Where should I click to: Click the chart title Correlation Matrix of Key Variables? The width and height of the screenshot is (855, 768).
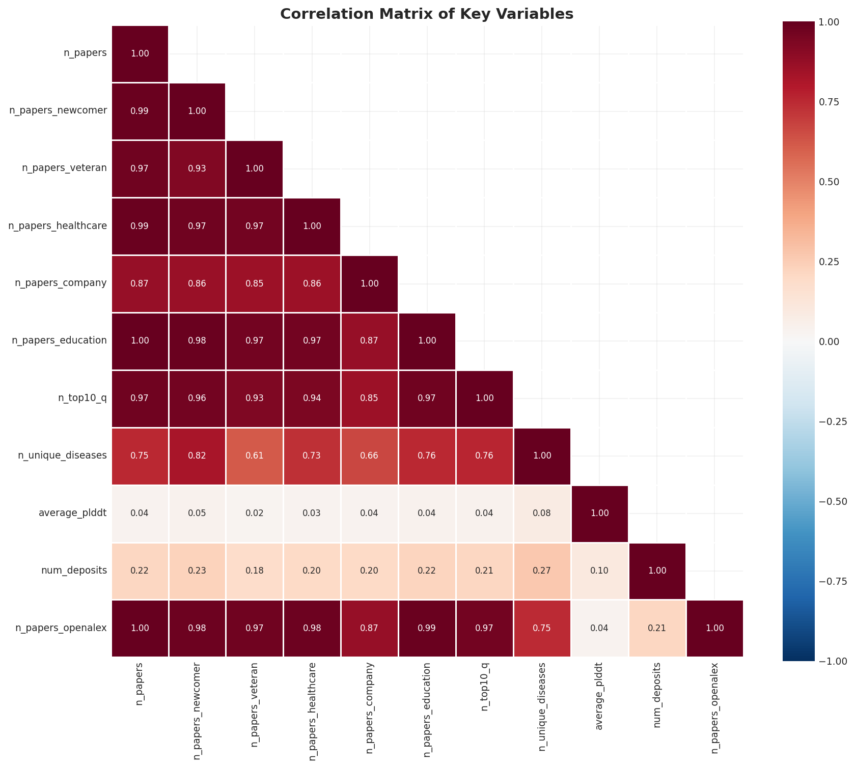pos(427,14)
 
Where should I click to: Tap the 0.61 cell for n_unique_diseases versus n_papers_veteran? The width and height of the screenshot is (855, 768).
pos(255,456)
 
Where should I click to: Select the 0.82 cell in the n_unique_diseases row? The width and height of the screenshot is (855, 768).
pos(197,456)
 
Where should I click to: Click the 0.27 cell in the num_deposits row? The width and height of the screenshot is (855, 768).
pos(542,571)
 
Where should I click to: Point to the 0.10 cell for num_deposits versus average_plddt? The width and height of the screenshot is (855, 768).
pos(599,571)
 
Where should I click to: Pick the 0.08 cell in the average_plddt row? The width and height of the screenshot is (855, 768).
pos(542,513)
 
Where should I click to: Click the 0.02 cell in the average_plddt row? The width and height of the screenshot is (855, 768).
pos(255,513)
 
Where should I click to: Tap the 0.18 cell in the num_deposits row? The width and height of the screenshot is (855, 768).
pos(255,571)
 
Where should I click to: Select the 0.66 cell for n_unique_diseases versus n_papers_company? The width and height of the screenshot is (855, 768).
pos(369,456)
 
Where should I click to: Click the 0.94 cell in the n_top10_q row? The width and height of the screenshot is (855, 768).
pos(312,398)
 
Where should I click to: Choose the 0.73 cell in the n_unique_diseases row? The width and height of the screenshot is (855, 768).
pos(312,456)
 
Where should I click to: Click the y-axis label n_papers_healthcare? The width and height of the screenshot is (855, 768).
pos(58,226)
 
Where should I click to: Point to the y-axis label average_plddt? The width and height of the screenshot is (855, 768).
pos(72,513)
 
